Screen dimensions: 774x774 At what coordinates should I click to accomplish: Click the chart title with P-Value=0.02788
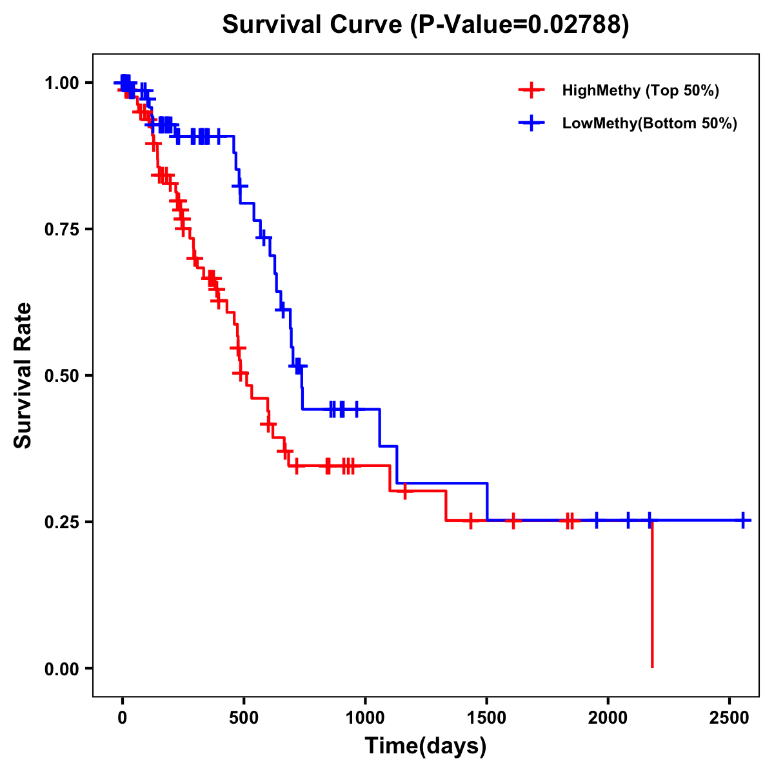tap(425, 25)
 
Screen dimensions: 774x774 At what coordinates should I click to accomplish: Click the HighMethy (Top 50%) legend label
tap(640, 90)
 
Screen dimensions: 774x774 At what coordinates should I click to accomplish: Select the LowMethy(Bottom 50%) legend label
tap(649, 124)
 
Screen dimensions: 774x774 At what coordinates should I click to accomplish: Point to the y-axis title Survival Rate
tap(23, 375)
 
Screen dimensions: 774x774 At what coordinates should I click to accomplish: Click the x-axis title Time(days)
tap(425, 746)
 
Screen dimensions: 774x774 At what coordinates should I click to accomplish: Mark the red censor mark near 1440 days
tap(471, 521)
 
